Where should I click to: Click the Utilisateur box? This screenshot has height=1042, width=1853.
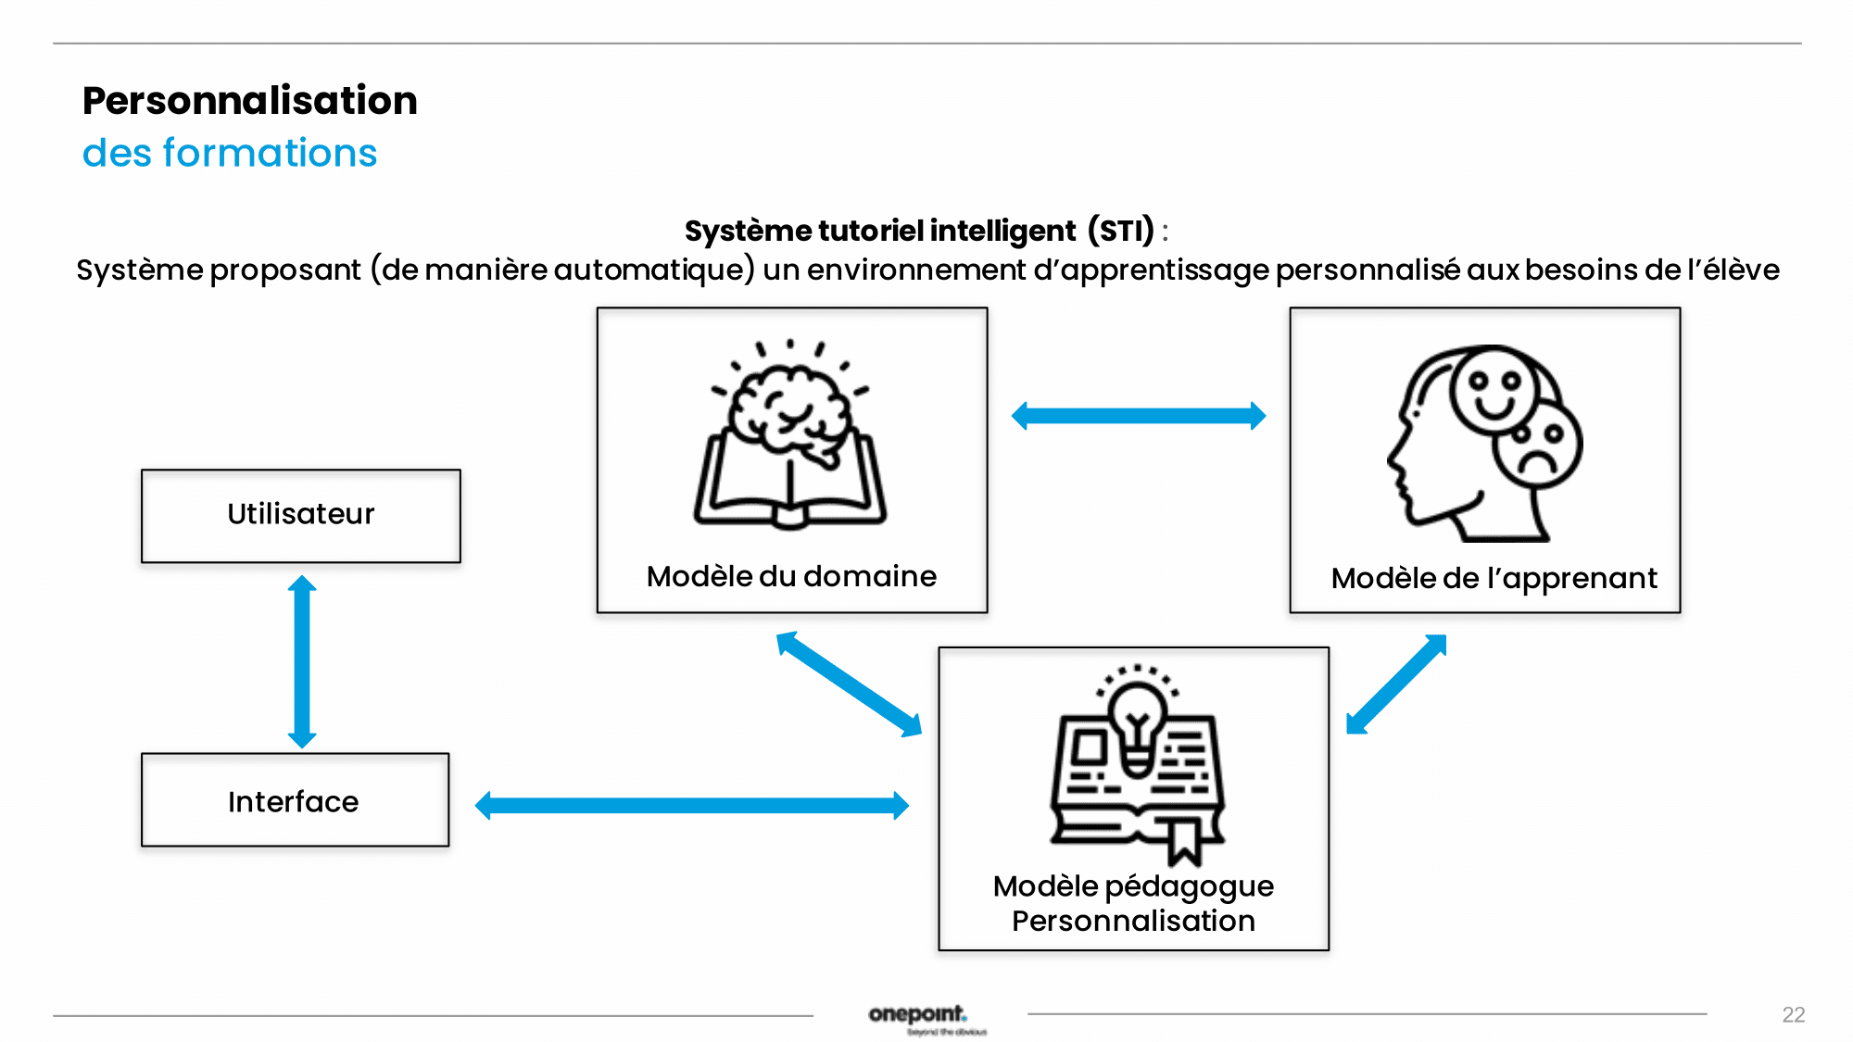(x=300, y=516)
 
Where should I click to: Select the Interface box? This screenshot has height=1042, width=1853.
(x=295, y=800)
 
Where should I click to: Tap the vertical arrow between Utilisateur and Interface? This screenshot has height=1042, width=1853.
(x=302, y=661)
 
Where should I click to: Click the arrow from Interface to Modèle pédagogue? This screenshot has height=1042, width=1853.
(x=691, y=805)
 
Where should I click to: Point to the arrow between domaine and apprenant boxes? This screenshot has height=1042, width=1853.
(x=1139, y=415)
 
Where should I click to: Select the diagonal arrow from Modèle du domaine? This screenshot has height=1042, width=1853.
(x=849, y=684)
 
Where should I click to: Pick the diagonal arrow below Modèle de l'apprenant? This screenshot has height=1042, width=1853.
(x=1396, y=684)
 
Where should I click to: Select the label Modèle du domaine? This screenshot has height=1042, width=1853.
(x=791, y=576)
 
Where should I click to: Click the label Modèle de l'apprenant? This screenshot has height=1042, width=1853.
(x=1494, y=578)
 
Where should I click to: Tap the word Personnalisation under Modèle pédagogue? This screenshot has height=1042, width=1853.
(x=1133, y=921)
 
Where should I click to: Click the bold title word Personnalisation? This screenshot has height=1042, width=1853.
(x=250, y=100)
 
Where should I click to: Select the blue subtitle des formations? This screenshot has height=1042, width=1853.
(x=230, y=153)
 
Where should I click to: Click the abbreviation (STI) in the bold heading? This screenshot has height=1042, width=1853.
(x=1120, y=230)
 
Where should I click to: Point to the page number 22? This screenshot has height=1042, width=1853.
(x=1793, y=1014)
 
